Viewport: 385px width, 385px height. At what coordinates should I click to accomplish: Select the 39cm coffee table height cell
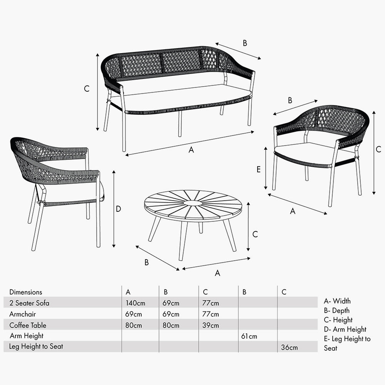point(210,325)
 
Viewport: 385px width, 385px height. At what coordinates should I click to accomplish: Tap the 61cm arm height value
point(249,336)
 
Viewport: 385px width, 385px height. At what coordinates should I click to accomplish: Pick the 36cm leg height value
point(289,348)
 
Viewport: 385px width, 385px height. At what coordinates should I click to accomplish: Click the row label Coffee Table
point(28,325)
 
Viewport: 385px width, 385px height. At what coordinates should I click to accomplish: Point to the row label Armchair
point(22,314)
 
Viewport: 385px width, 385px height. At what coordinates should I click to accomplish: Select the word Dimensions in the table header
point(26,292)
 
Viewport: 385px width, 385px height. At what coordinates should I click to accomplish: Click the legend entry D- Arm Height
point(345,329)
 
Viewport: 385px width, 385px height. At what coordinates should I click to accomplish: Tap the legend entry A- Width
point(337,301)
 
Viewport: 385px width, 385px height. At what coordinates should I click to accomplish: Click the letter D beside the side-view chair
point(119,209)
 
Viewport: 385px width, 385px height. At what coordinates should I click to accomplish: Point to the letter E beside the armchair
point(259,169)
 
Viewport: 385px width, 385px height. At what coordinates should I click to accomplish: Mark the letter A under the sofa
point(191,150)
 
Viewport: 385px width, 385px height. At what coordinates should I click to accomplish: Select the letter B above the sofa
point(245,43)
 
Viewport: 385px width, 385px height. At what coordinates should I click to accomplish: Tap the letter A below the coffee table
point(218,273)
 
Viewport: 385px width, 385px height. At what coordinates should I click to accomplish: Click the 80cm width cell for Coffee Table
point(134,325)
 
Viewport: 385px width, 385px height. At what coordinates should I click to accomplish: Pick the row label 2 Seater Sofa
point(29,303)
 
